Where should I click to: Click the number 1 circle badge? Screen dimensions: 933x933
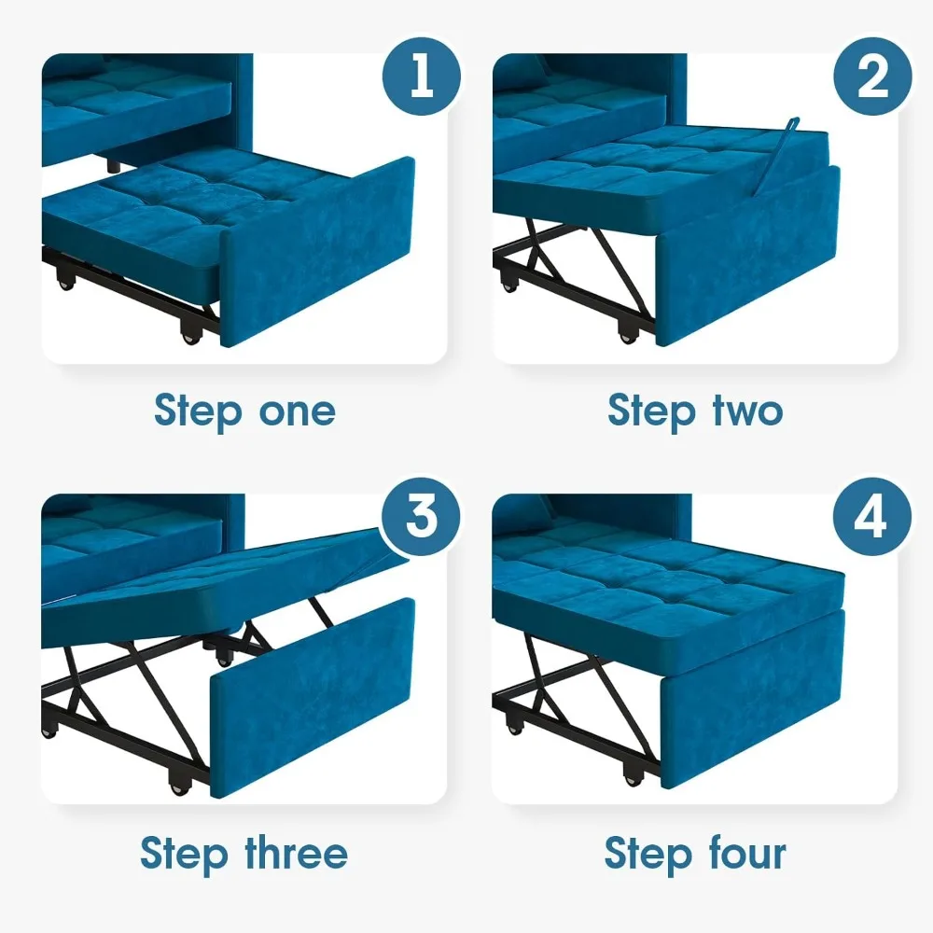(421, 76)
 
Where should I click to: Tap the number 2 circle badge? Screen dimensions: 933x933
(871, 76)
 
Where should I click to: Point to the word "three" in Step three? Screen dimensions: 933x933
(296, 853)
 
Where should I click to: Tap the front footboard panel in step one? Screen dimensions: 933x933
(317, 252)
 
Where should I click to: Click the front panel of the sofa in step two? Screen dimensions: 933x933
(746, 257)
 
